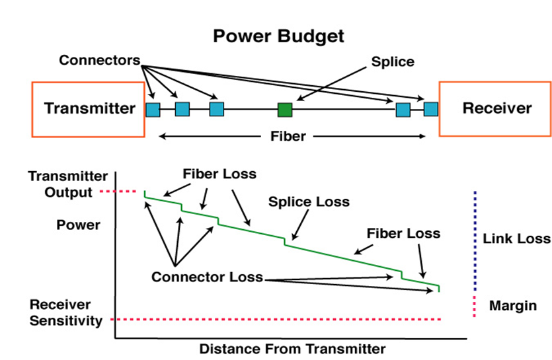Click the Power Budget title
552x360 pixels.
click(278, 37)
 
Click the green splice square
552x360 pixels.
click(285, 110)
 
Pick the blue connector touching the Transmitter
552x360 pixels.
click(153, 110)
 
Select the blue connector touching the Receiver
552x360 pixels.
click(431, 109)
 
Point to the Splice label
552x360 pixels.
click(393, 62)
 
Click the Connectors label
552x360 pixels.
click(100, 60)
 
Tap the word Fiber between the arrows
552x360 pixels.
click(288, 136)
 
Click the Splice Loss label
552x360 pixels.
click(309, 201)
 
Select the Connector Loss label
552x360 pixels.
click(208, 277)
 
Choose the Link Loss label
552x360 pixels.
click(516, 238)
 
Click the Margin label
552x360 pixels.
click(513, 306)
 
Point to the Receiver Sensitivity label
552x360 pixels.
click(66, 312)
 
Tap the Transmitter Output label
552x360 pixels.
click(68, 184)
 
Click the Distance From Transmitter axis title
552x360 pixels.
click(293, 349)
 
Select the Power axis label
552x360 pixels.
click(79, 225)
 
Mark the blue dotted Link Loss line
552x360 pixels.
click(475, 241)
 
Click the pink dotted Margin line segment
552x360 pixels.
click(474, 306)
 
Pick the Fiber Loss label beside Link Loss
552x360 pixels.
click(403, 233)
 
